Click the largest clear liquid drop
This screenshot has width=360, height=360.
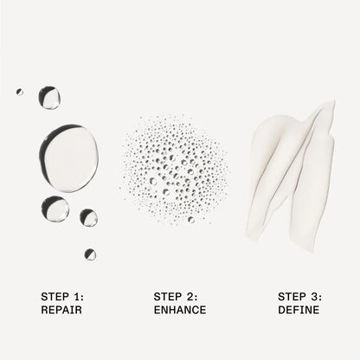click(68, 158)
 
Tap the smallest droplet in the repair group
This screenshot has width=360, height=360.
click(20, 92)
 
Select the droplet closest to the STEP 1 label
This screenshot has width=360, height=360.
click(90, 254)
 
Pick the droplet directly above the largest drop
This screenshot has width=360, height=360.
click(49, 98)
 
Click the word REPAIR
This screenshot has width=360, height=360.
click(61, 310)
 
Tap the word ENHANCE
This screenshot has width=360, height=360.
click(180, 310)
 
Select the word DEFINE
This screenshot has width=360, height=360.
click(299, 310)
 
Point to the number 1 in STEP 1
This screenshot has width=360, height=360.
click(76, 297)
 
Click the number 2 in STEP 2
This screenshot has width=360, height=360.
click(190, 297)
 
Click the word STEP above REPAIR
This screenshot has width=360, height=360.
click(55, 297)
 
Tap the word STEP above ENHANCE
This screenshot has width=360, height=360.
click(168, 297)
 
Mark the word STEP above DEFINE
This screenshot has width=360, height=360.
click(292, 297)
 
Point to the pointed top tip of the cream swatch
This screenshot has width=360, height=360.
click(333, 101)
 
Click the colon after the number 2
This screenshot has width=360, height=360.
click(196, 297)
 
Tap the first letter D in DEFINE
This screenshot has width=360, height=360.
click(282, 310)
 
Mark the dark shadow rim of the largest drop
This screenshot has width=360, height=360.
click(45, 145)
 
